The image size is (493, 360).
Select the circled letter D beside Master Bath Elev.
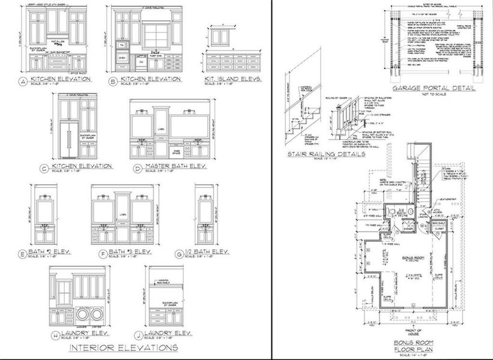coord(138,169)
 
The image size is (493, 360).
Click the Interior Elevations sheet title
coord(124,347)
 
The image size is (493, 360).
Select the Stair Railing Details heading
coord(327,154)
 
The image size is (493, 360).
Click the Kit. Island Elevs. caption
coord(231,79)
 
